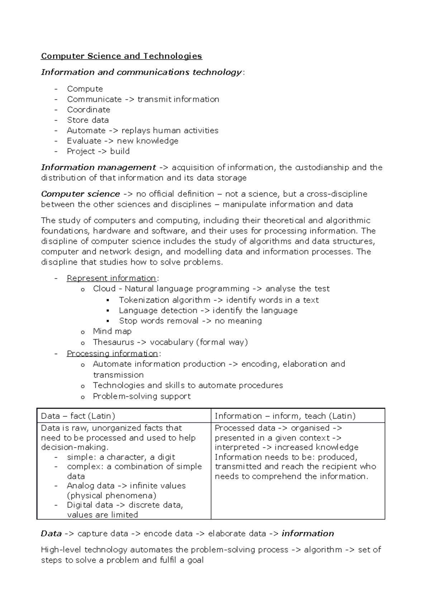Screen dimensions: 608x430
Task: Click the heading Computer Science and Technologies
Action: (121, 56)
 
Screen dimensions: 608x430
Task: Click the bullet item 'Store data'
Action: (88, 120)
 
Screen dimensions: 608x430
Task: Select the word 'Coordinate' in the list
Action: (89, 110)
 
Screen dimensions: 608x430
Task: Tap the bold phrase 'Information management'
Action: (99, 167)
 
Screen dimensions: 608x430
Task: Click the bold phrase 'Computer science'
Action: (81, 194)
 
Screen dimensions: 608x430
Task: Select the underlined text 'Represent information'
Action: (111, 278)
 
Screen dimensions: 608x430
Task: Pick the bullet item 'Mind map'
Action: (112, 331)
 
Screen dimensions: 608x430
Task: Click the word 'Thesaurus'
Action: (113, 342)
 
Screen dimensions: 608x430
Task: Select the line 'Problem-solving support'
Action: (142, 396)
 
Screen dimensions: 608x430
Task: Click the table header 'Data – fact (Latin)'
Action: (78, 416)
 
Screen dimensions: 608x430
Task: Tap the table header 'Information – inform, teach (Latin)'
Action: (285, 416)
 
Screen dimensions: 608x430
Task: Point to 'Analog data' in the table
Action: (90, 486)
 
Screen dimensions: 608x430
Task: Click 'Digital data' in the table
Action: (90, 505)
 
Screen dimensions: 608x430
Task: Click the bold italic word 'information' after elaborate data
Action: (308, 534)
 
